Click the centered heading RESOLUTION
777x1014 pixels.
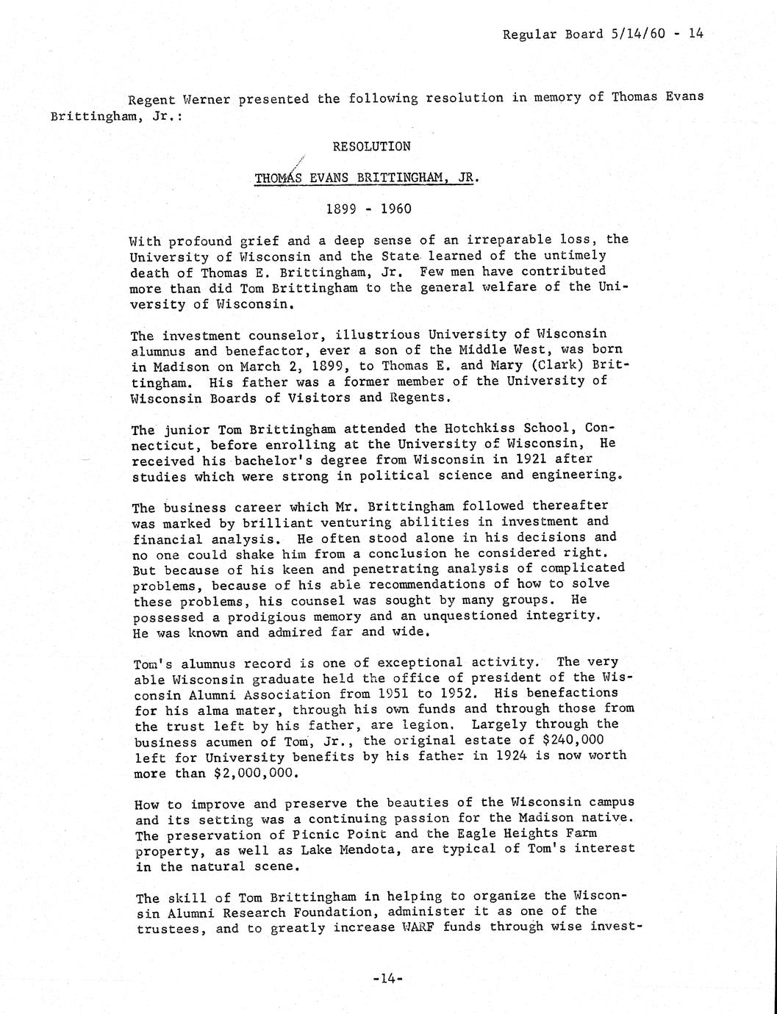tap(371, 146)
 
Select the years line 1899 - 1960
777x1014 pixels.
tap(368, 209)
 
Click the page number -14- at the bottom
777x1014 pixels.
tap(387, 979)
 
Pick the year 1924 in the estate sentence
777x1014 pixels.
tap(512, 756)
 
